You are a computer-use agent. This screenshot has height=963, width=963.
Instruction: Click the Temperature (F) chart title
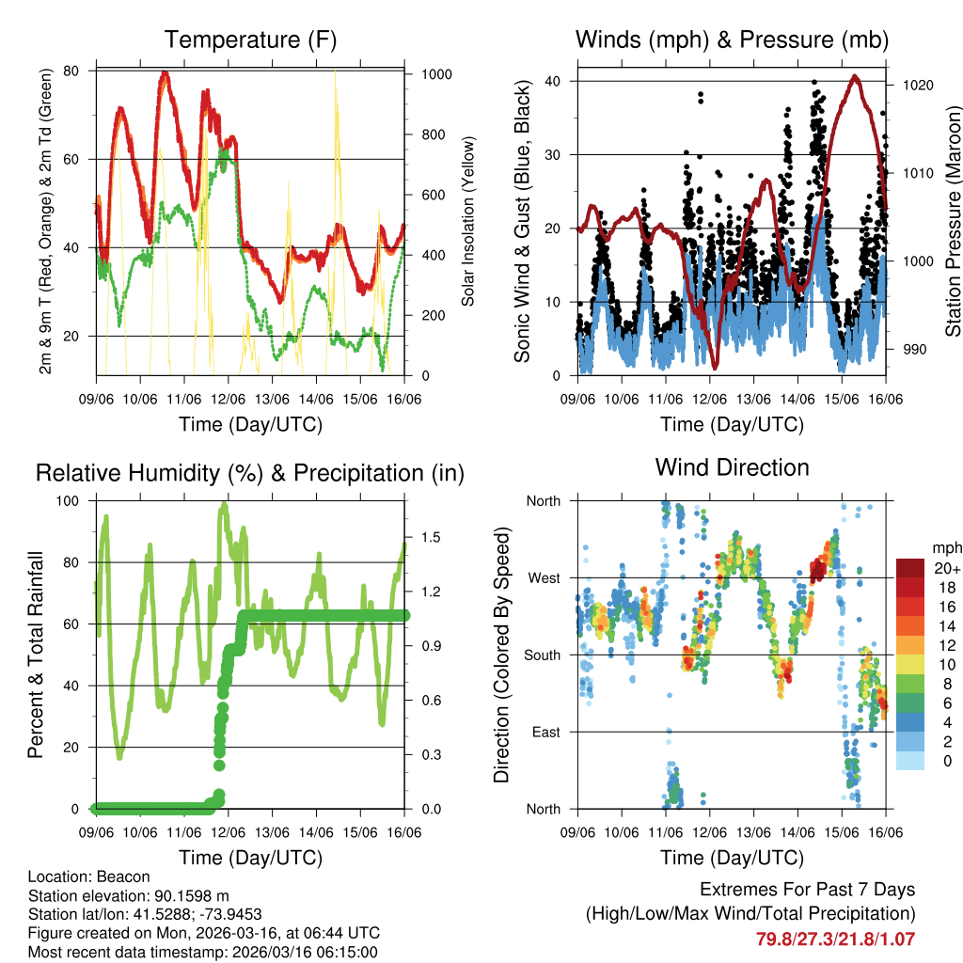click(x=250, y=39)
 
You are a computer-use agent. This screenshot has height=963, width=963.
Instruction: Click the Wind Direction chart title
click(x=732, y=466)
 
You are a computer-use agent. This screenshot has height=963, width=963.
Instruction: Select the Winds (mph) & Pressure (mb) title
click(x=732, y=39)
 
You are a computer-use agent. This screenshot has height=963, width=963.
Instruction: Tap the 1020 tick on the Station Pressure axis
click(x=917, y=85)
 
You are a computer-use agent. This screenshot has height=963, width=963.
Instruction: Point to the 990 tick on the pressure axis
click(x=914, y=350)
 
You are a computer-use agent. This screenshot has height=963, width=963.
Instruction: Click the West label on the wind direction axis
click(x=544, y=577)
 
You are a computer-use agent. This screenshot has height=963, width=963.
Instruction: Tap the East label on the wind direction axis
click(x=545, y=732)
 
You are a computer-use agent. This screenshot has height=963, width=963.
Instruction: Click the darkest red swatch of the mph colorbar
click(x=910, y=568)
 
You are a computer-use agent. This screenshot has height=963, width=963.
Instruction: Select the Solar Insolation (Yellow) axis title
click(x=468, y=221)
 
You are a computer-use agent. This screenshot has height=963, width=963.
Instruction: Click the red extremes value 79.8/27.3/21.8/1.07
click(x=835, y=939)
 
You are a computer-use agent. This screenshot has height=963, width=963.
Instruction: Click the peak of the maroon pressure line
click(x=854, y=76)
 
